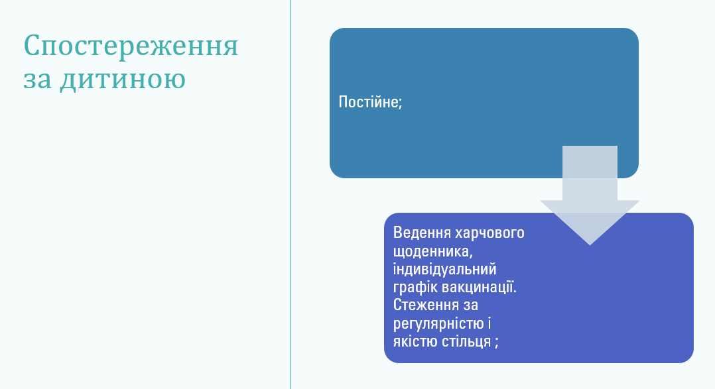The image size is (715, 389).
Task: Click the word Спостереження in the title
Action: (x=131, y=46)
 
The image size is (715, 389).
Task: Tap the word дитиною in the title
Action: (x=123, y=80)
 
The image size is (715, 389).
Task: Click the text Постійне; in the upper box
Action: (x=370, y=103)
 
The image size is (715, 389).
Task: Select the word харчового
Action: (x=490, y=233)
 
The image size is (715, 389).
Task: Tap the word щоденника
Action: (x=434, y=252)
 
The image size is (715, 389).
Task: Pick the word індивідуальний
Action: (x=444, y=270)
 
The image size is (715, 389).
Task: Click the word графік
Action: (x=413, y=288)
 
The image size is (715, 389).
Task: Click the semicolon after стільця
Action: (x=495, y=343)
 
